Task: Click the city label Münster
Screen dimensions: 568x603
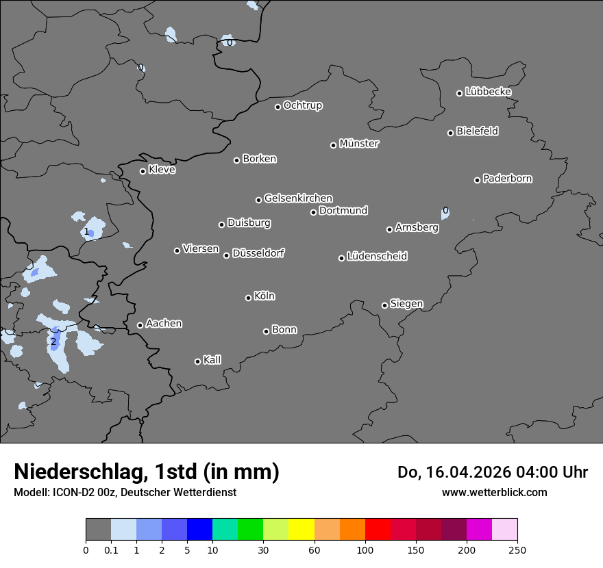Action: (359, 144)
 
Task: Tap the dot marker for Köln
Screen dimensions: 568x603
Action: (248, 298)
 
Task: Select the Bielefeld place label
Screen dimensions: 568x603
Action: (477, 131)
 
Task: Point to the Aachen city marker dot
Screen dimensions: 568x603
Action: (140, 325)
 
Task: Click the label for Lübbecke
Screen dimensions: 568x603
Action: (488, 92)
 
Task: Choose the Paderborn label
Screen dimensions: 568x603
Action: (507, 179)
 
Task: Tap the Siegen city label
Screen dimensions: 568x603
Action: (406, 304)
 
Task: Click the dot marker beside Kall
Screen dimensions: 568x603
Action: (197, 361)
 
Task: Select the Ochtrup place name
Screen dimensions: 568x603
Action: (302, 105)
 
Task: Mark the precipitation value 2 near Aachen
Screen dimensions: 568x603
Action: (53, 341)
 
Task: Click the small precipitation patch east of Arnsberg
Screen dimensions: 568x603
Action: (445, 213)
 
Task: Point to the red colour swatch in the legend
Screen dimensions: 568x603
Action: (378, 530)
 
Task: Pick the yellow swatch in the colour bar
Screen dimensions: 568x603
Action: (301, 530)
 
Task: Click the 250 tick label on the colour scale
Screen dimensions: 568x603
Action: (517, 550)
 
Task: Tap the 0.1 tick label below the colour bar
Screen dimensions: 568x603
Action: (111, 550)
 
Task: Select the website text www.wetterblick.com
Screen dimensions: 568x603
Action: (494, 492)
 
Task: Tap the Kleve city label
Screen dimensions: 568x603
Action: (162, 170)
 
